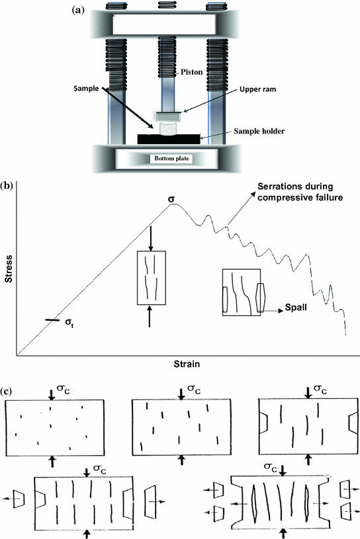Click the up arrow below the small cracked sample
[x=152, y=317]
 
